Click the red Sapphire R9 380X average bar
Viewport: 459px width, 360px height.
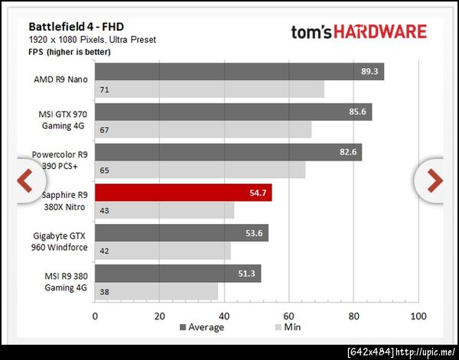click(x=183, y=193)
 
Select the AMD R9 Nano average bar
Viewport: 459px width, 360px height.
click(x=239, y=72)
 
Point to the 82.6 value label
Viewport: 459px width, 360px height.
click(x=350, y=152)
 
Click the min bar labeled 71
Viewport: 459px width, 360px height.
click(x=209, y=89)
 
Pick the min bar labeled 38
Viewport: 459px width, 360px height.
click(x=156, y=291)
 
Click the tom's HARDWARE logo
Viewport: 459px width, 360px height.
click(x=358, y=32)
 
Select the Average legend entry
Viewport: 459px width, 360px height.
click(x=202, y=327)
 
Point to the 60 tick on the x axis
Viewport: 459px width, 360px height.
click(x=288, y=315)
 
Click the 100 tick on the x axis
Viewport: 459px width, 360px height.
click(x=417, y=315)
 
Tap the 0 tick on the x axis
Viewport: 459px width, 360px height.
click(x=95, y=315)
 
